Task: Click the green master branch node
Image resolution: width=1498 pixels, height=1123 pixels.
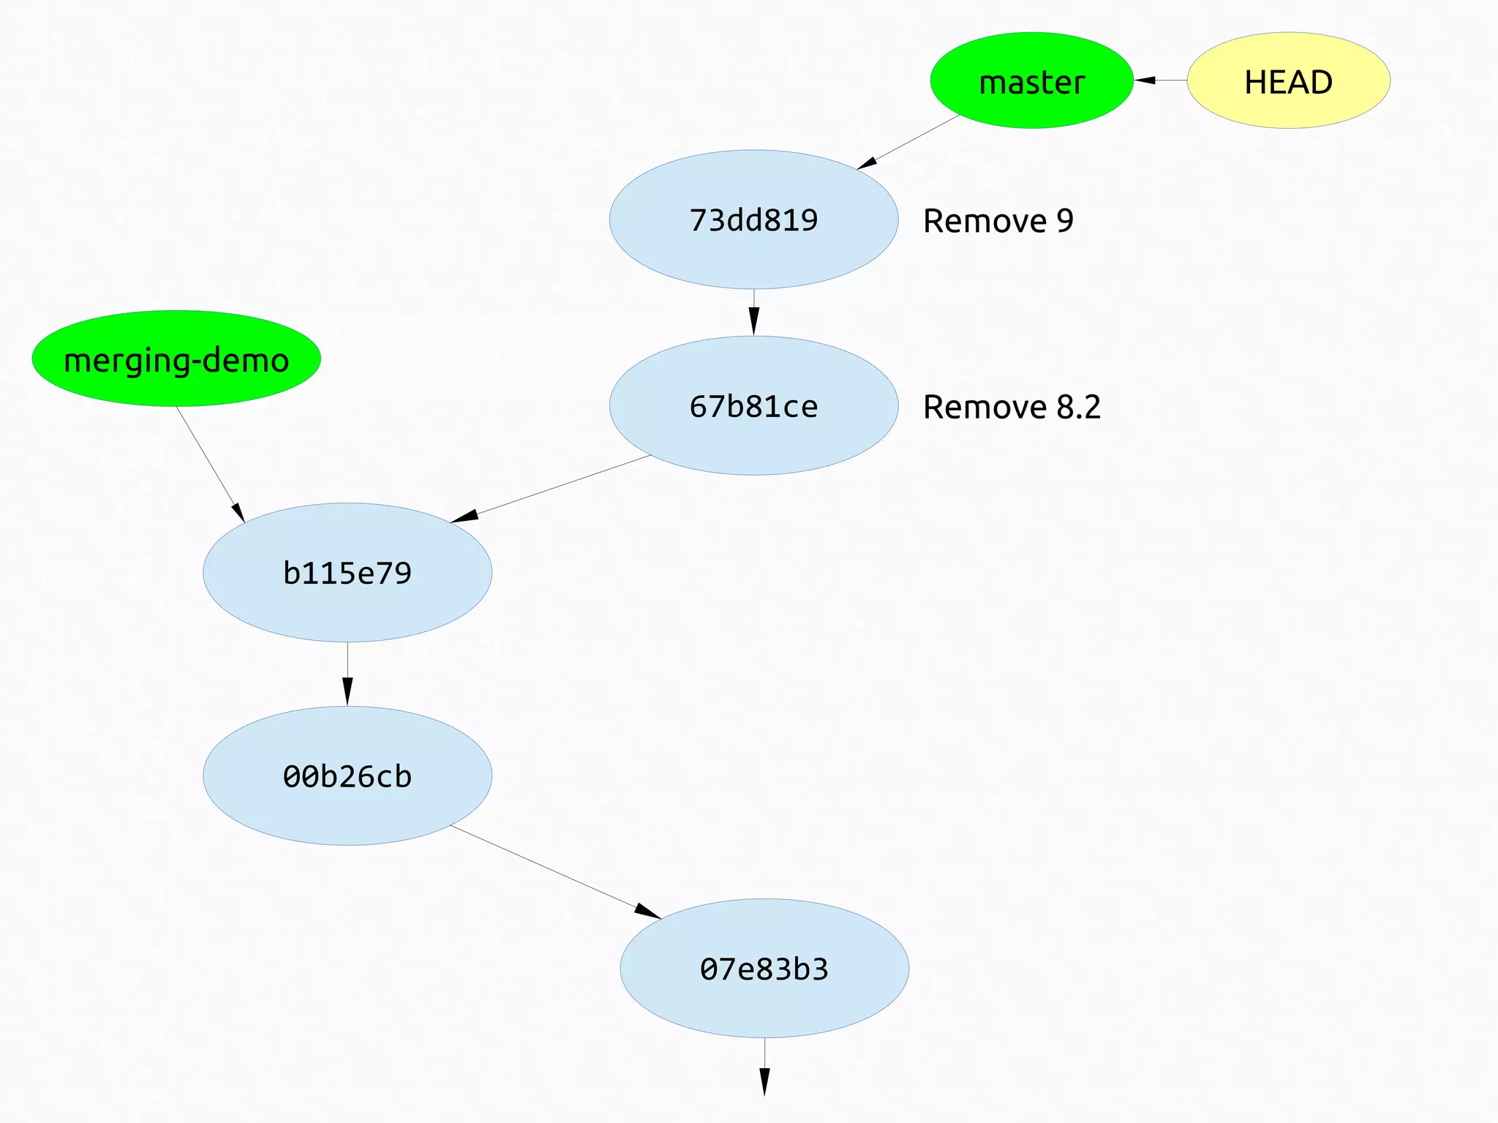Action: coord(1031,80)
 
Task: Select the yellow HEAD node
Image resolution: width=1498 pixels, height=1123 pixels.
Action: coord(1288,80)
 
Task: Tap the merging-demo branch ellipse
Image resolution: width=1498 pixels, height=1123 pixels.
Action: coord(176,358)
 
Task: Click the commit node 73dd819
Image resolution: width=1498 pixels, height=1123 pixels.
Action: coord(753,219)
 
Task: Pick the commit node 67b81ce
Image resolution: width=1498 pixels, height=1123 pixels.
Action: coord(753,406)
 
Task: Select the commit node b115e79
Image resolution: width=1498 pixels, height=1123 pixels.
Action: coord(347,572)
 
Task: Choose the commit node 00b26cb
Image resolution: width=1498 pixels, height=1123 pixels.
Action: coord(347,775)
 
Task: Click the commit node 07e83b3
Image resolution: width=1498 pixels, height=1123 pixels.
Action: coord(764,968)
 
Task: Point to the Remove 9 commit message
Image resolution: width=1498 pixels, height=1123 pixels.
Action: coord(998,221)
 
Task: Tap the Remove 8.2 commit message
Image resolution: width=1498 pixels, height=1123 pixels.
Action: coord(1012,407)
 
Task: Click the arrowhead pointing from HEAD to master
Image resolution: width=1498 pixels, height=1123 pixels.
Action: coord(1145,80)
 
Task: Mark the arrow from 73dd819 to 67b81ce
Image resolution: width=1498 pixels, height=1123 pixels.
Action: coord(753,313)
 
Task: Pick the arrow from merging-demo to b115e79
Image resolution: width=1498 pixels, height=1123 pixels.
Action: coord(210,464)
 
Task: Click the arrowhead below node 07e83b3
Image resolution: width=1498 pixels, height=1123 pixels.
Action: coord(764,1081)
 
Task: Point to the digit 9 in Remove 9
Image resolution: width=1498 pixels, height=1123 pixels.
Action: coord(1065,221)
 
